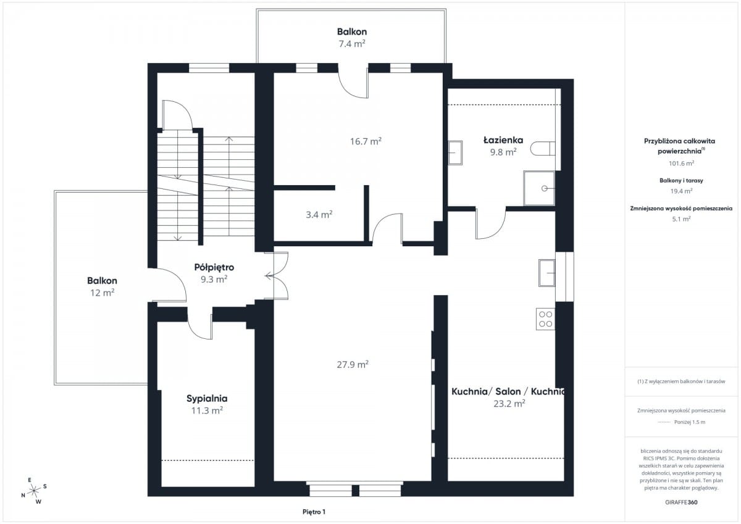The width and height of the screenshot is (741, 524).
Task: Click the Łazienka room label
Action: [503, 140]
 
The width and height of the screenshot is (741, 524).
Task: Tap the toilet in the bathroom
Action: [543, 149]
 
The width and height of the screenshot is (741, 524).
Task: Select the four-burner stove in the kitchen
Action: [545, 319]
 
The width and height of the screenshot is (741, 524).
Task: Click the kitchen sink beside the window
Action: [547, 273]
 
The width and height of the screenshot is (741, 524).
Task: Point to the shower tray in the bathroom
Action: [539, 188]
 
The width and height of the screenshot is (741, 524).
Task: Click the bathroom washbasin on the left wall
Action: [455, 152]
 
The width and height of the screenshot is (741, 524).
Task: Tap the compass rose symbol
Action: [34, 491]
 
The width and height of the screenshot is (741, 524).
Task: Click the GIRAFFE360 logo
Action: [681, 502]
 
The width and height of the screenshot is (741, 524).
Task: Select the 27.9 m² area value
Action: [353, 364]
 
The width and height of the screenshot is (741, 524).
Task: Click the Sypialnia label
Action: [207, 398]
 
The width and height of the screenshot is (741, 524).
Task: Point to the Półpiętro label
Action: [214, 267]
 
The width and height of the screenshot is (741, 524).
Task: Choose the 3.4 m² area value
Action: [319, 215]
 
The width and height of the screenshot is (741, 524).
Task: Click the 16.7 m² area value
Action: [366, 141]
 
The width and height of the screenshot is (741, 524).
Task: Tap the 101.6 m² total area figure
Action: [682, 164]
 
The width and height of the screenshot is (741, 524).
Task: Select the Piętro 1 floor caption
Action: [314, 512]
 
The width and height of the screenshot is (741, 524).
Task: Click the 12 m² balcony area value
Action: [103, 293]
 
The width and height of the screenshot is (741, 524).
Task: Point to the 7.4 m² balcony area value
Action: [352, 44]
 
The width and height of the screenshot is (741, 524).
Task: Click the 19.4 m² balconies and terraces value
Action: [682, 191]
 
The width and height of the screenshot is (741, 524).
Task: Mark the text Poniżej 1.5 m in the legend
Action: [690, 422]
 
